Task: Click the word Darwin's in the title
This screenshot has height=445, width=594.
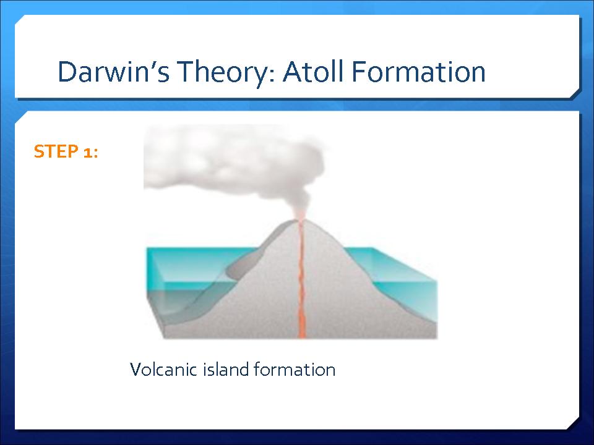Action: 113,72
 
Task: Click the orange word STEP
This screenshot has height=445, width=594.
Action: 56,151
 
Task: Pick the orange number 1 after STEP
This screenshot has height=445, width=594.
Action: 87,152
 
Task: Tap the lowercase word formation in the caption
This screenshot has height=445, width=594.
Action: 295,369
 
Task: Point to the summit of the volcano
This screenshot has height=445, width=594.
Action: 301,220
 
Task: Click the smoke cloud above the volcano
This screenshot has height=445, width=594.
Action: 233,163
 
